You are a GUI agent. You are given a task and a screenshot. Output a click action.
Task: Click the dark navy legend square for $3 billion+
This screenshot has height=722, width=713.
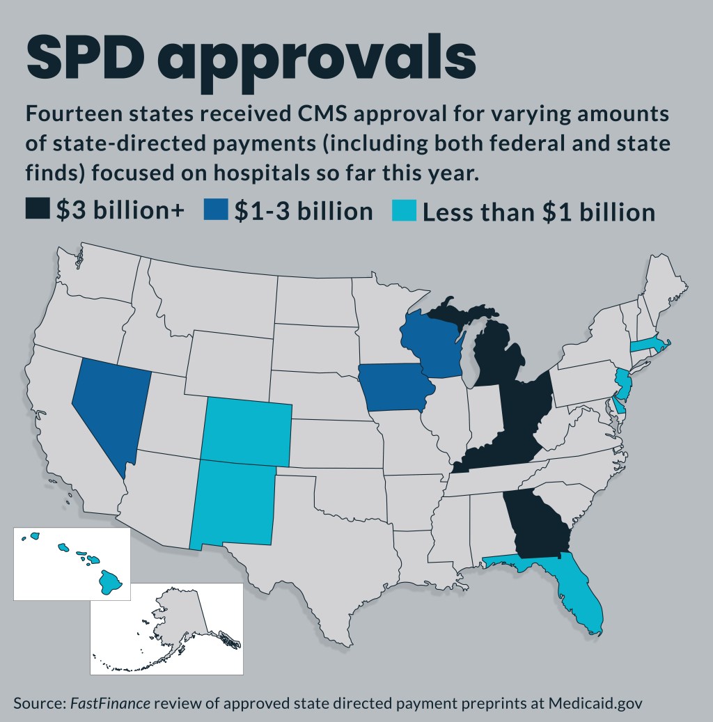(x=38, y=210)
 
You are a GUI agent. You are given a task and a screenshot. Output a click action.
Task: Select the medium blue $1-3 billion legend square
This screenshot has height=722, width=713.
(x=216, y=210)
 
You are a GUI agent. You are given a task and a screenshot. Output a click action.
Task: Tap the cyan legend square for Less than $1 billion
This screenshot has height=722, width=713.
(x=405, y=210)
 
